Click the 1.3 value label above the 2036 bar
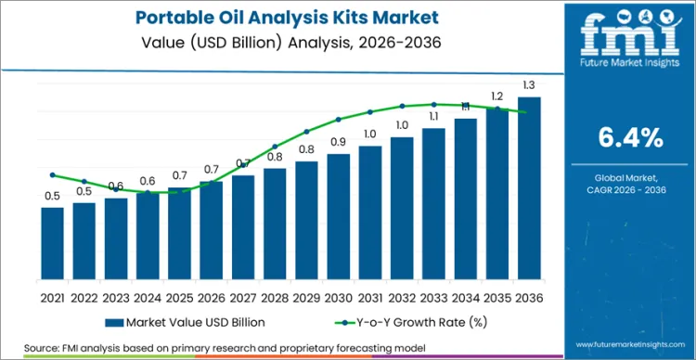point(529,85)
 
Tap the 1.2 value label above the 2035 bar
point(497,96)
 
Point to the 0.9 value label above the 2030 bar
point(339,142)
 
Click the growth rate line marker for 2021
point(53,174)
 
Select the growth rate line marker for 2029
point(307,131)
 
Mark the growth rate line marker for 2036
point(529,112)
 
